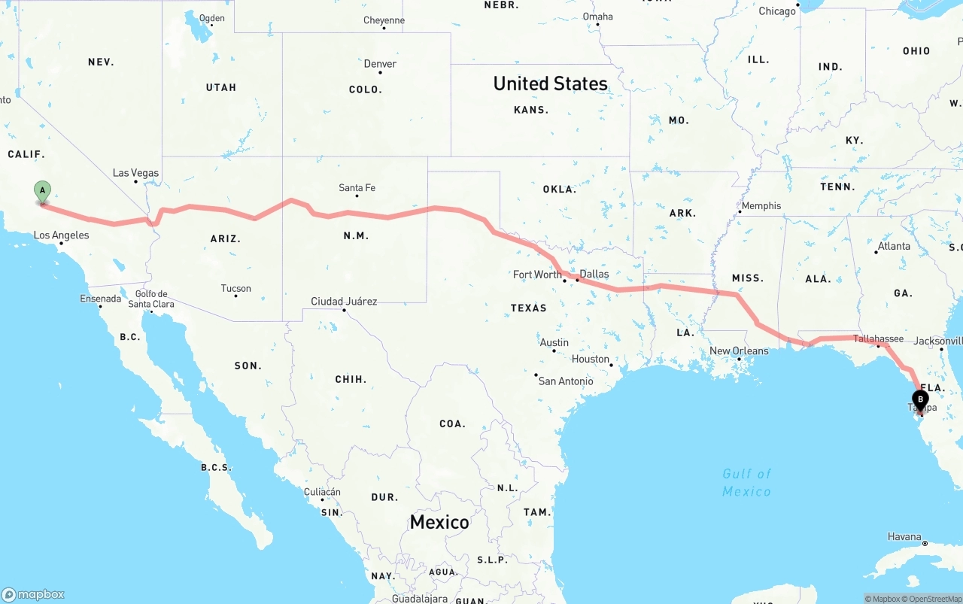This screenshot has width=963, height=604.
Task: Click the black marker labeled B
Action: [919, 400]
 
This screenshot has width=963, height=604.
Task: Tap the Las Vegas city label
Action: [136, 173]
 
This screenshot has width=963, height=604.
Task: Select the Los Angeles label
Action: [61, 235]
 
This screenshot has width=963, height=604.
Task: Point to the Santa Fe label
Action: [357, 188]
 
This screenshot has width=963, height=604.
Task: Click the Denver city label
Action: [380, 64]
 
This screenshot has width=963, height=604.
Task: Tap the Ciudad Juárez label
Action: [344, 302]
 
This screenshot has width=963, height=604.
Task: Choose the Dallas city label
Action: [594, 274]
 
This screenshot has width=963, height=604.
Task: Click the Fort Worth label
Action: [537, 275]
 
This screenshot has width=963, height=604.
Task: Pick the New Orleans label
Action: [740, 351]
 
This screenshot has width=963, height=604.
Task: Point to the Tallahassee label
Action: [878, 338]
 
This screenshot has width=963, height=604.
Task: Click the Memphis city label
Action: [761, 206]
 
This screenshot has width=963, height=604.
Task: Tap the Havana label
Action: [904, 536]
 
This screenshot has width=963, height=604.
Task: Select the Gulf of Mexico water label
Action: [746, 482]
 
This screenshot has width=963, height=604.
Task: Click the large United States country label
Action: [550, 83]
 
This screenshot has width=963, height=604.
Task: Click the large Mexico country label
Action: [439, 522]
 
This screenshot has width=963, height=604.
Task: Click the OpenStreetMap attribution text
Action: [934, 599]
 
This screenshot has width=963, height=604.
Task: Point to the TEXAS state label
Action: [528, 308]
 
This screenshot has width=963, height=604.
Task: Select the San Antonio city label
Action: [566, 381]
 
